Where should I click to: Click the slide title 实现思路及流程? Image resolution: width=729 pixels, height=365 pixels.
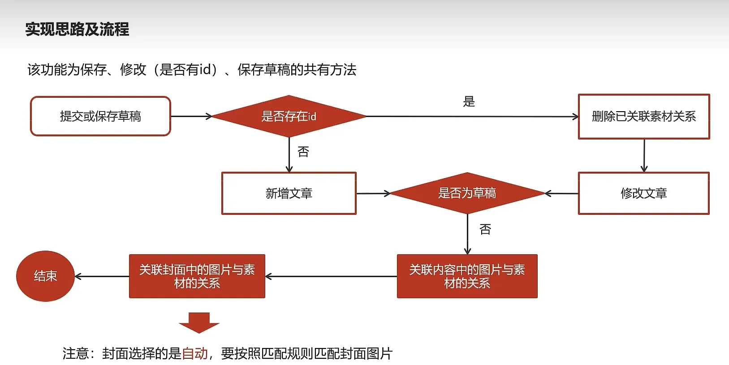pos(77,30)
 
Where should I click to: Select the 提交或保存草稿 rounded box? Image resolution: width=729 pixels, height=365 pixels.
pos(100,116)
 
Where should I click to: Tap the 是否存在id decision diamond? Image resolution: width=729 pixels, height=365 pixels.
pos(289,116)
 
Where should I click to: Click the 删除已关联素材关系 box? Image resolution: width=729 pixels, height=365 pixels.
pos(644,116)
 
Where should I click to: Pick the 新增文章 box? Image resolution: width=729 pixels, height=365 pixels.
pos(289,193)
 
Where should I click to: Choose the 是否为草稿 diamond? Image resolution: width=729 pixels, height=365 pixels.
pos(467,193)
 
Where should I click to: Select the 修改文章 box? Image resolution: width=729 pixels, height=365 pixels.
pos(644,193)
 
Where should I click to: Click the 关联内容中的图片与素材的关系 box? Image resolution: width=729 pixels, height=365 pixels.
pos(467,276)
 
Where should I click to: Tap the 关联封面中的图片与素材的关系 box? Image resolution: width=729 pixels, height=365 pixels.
pos(197,276)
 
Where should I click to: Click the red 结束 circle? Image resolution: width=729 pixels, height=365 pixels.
pos(45,276)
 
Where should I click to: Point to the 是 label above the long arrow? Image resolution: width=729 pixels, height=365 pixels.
pos(469,102)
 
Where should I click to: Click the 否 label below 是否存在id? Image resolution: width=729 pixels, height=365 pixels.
pos(303,152)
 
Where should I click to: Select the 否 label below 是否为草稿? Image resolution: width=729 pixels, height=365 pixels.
pos(485,230)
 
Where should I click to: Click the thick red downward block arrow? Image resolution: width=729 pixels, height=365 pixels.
pos(199,322)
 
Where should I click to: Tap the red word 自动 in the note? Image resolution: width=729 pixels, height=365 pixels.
pos(195,354)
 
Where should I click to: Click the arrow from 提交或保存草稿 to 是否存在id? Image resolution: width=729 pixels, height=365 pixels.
pos(191,117)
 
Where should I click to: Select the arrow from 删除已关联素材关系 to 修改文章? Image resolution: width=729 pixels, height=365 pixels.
pos(644,156)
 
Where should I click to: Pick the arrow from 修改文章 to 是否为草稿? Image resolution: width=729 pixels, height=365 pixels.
pos(561,194)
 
